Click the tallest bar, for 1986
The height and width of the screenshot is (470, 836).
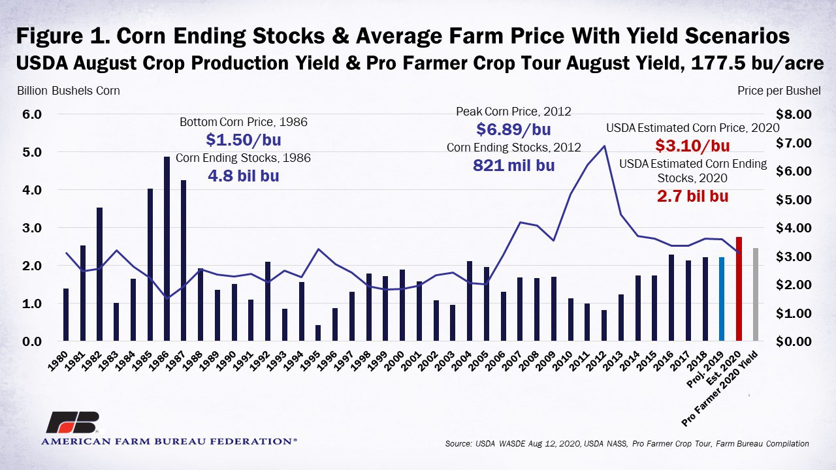click(x=167, y=249)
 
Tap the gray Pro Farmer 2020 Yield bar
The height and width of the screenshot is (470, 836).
click(x=756, y=294)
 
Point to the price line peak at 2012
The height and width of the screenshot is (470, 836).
click(x=604, y=146)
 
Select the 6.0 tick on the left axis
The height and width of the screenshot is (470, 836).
click(x=33, y=114)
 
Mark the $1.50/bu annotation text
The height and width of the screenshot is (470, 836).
click(x=244, y=140)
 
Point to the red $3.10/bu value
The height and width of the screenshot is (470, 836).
click(x=692, y=146)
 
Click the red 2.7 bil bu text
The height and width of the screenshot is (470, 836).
click(x=692, y=195)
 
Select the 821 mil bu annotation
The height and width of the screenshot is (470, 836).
click(x=513, y=165)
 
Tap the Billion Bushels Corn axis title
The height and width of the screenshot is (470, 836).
click(x=68, y=91)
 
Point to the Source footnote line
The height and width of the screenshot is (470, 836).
click(x=627, y=444)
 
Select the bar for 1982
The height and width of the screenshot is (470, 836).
click(x=100, y=274)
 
